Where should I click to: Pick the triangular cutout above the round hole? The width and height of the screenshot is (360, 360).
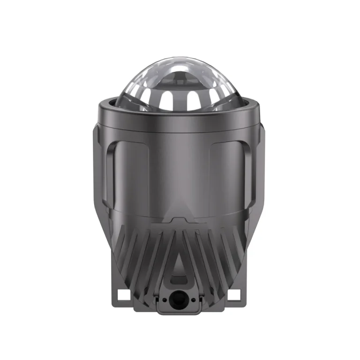[x=180, y=267]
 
